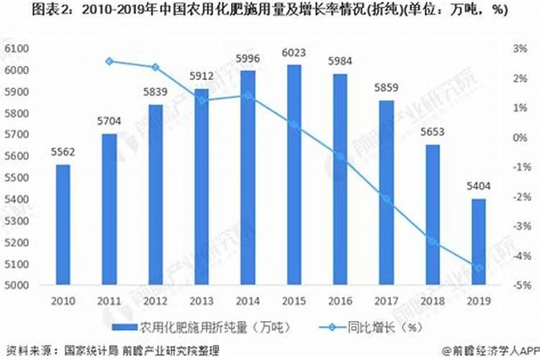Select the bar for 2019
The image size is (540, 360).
point(478,242)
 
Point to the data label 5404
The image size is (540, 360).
point(478,186)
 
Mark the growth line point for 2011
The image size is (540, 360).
point(109,61)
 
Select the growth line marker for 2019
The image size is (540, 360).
point(478,269)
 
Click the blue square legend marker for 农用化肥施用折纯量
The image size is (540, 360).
point(130,325)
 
